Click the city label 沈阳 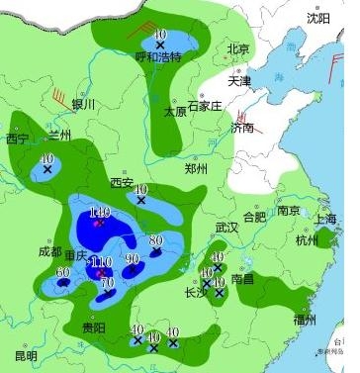click(317, 18)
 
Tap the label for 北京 click(238, 48)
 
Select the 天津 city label click(240, 80)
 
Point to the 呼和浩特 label click(158, 56)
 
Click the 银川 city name click(83, 104)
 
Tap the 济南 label click(242, 128)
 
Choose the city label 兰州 click(61, 136)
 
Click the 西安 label click(121, 182)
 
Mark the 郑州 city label click(196, 169)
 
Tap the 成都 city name click(50, 252)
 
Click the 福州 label click(305, 320)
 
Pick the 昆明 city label click(26, 355)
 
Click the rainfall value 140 click(99, 212)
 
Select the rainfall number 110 click(101, 262)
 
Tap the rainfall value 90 click(133, 259)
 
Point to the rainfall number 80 click(155, 239)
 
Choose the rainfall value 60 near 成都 click(63, 272)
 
